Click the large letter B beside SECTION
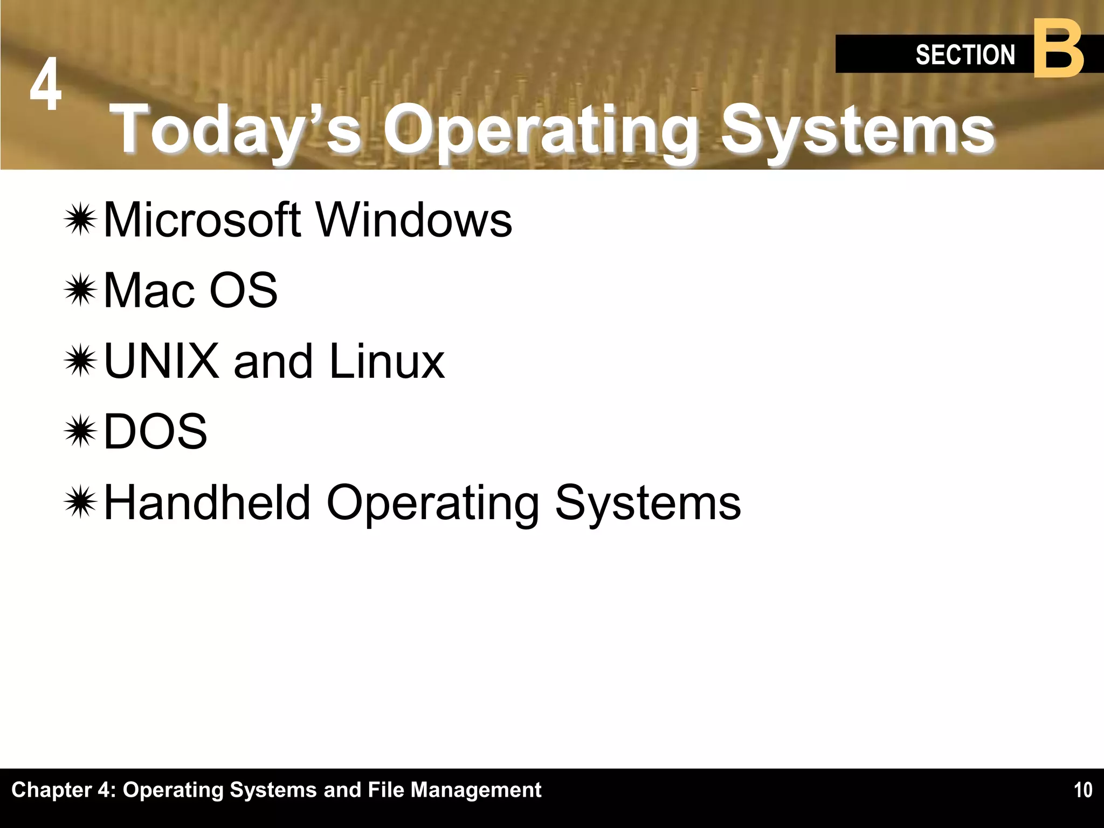[1059, 50]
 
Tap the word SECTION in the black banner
[965, 55]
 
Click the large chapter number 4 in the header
[45, 85]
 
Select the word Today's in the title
[238, 130]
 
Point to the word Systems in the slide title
[857, 130]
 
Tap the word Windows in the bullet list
[413, 219]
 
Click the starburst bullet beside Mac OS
[80, 290]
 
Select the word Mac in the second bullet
[149, 290]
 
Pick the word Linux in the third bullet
[387, 361]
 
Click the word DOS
[155, 431]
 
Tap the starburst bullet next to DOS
[80, 431]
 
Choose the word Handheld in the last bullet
[208, 502]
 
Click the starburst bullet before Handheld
[80, 502]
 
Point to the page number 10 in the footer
[1082, 790]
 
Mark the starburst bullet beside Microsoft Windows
[80, 219]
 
